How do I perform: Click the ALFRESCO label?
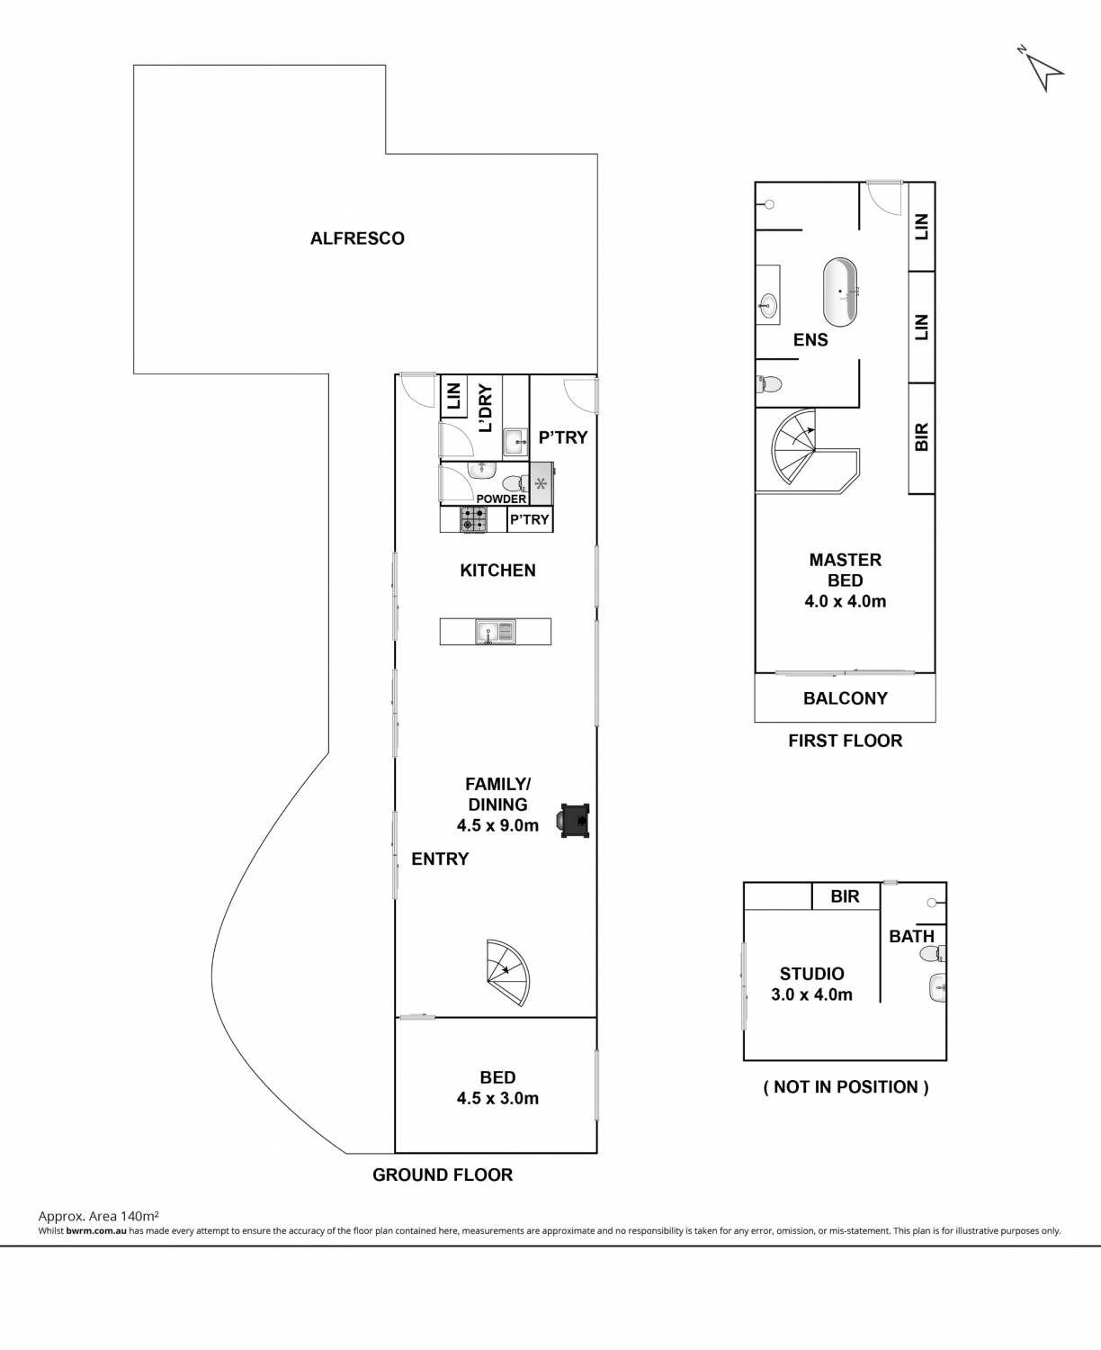point(357,238)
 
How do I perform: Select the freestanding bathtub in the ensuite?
point(840,292)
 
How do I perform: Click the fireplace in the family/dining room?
point(575,821)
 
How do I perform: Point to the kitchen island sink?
point(495,632)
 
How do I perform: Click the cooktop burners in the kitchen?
point(473,519)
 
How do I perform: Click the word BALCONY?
point(846,698)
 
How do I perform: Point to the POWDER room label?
point(501,499)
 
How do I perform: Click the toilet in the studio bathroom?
point(932,954)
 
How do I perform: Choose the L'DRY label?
point(486,408)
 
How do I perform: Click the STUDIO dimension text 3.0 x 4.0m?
point(812,994)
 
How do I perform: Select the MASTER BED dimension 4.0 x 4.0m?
point(846,601)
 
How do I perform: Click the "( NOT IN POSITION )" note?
point(846,1087)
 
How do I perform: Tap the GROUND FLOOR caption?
point(443,1175)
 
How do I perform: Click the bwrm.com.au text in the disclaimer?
point(96,1230)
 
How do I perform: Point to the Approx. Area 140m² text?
point(98,1216)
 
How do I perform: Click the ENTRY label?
point(440,859)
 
